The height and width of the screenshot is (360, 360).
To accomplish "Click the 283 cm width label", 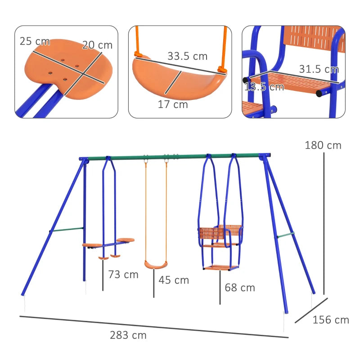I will (128, 335).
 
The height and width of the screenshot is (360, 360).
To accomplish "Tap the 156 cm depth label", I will (331, 320).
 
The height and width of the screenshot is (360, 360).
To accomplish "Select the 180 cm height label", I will (323, 145).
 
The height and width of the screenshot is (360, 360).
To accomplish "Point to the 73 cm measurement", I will (123, 274).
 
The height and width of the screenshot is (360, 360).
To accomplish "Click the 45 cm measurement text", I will (174, 280).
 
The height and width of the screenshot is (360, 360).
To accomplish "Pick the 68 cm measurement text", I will (240, 287).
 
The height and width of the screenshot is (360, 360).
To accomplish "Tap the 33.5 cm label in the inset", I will (187, 57).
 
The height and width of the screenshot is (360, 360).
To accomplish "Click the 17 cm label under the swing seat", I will (172, 105).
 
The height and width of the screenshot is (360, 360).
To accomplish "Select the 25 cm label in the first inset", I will (34, 41).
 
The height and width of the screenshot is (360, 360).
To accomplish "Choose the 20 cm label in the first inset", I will (97, 45).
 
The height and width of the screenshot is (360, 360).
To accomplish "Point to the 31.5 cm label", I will (319, 69).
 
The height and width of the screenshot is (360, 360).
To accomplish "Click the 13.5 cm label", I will (264, 87).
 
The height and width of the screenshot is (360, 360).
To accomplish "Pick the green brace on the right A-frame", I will (285, 235).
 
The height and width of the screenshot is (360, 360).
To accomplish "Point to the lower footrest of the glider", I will (221, 268).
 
